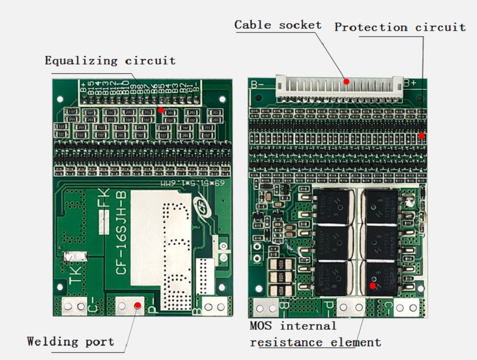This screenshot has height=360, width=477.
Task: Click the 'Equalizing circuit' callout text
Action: point(110,61)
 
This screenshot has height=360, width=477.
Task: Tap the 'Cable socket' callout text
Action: point(278,25)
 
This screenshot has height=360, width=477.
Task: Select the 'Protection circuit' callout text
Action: point(400,27)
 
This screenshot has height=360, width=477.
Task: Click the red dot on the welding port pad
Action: point(137,305)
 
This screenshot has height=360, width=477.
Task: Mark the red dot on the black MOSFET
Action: point(373,285)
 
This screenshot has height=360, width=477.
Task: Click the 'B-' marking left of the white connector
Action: point(258,84)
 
